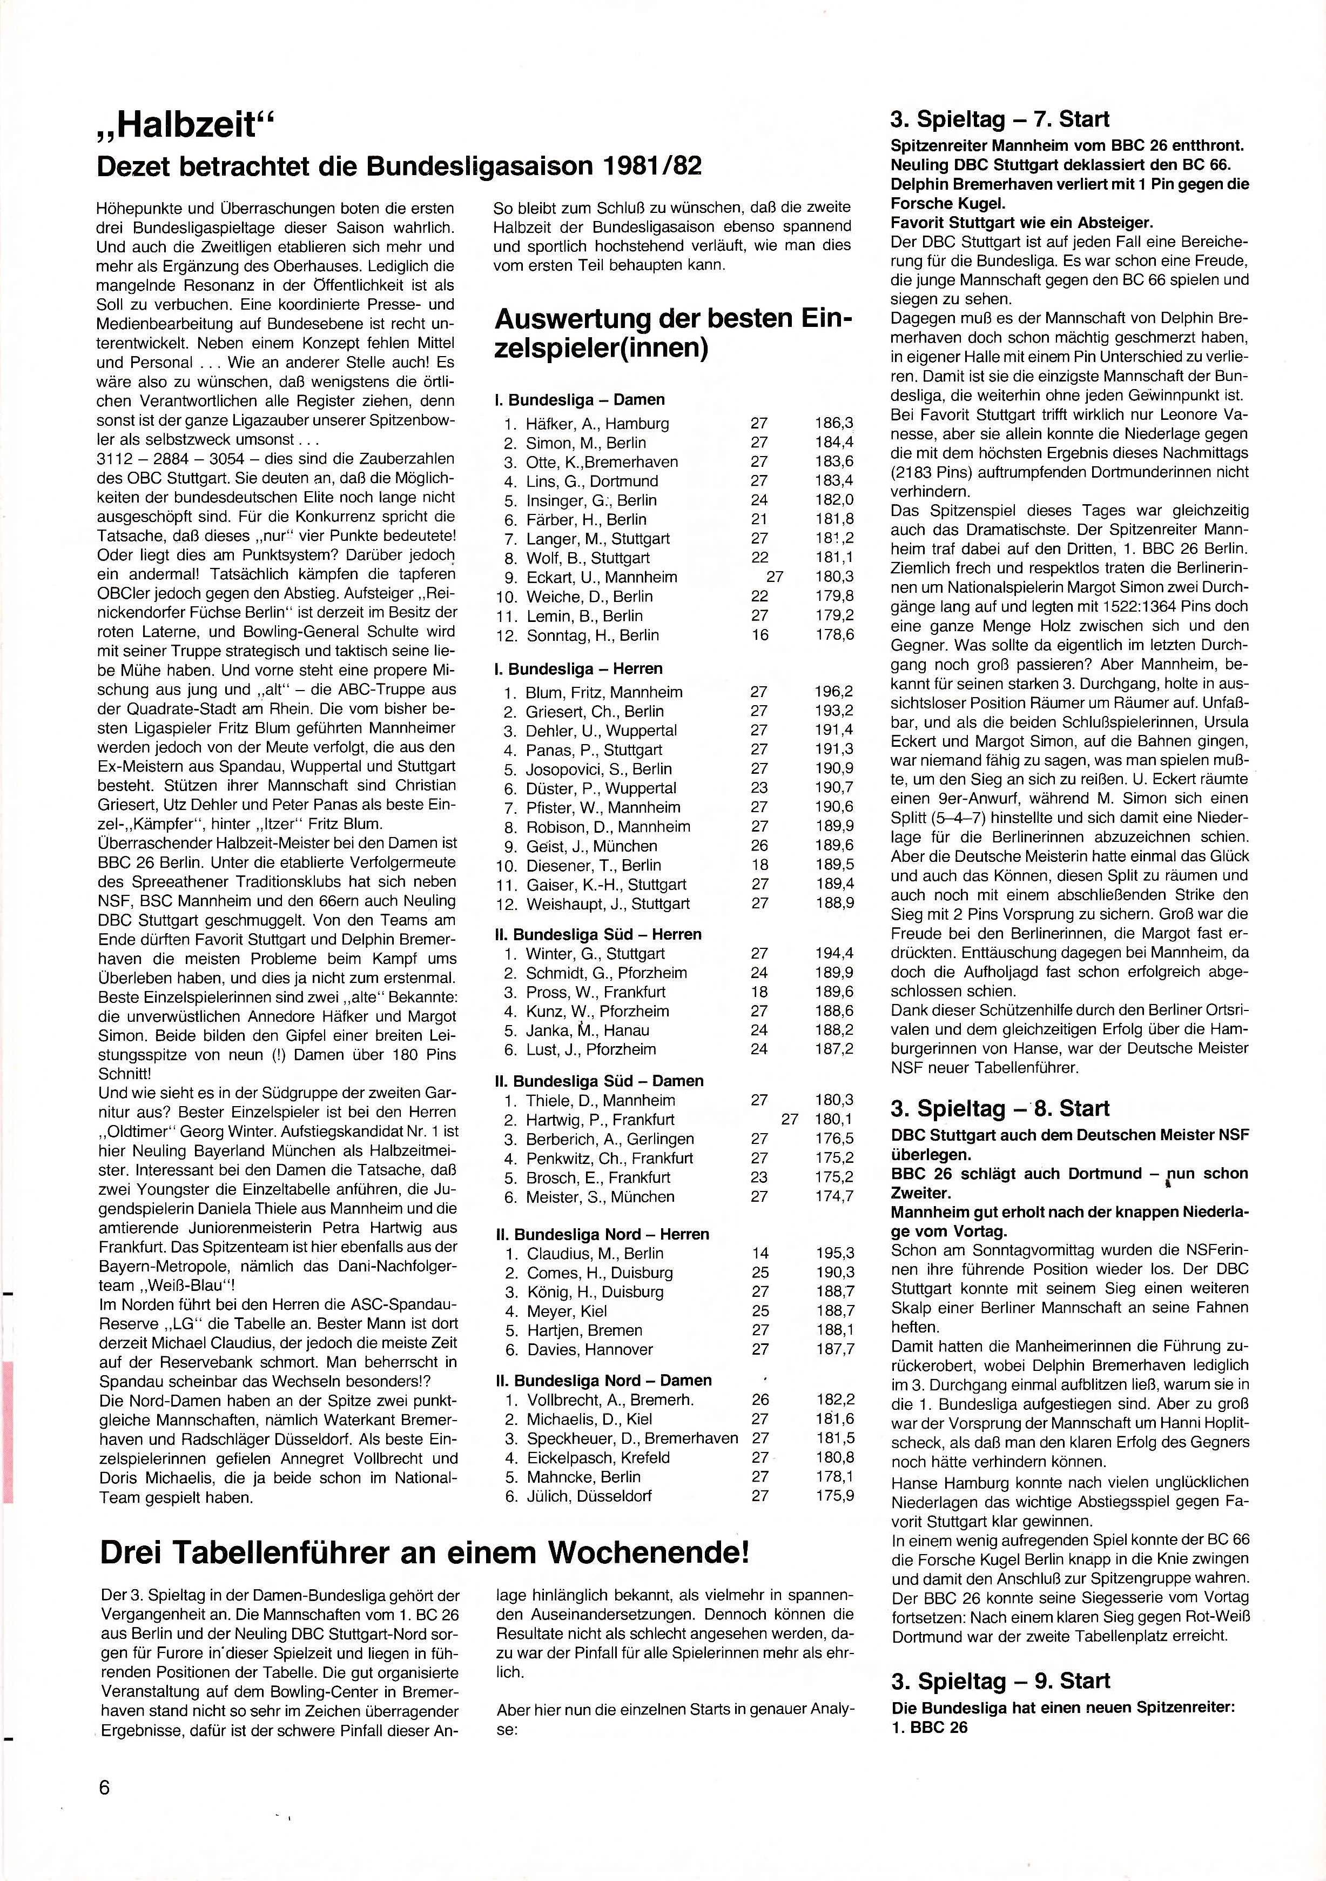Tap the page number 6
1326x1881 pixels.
(x=104, y=1781)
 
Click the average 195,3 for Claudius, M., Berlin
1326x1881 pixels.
(x=834, y=1254)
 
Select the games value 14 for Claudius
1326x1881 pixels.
(x=759, y=1254)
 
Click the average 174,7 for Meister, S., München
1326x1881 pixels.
(x=834, y=1196)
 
